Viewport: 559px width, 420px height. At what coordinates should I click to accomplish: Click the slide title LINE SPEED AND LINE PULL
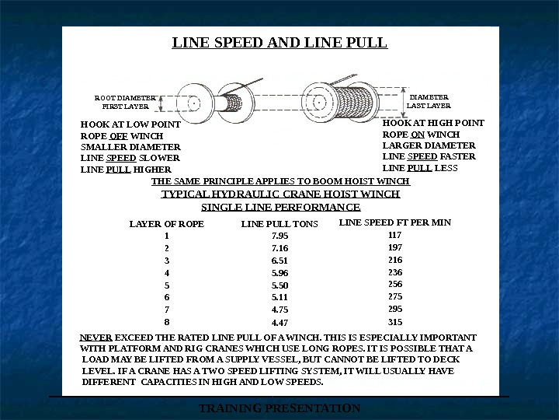coord(279,42)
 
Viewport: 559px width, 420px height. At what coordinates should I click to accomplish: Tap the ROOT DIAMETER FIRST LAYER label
coord(125,102)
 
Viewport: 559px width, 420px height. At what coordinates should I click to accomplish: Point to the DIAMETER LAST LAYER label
coord(429,101)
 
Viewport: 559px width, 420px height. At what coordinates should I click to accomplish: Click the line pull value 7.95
coord(279,235)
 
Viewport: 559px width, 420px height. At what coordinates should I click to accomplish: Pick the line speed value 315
coord(395,321)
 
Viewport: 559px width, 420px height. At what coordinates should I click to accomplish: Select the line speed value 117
coord(395,234)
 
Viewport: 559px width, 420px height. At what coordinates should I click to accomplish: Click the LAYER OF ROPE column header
coord(167,224)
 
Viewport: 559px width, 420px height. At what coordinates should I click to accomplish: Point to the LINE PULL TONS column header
coord(279,224)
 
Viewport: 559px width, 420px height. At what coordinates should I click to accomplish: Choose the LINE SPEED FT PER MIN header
coord(395,222)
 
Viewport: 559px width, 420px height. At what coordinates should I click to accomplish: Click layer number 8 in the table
coord(167,320)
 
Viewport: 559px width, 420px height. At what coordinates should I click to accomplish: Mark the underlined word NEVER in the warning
coord(96,338)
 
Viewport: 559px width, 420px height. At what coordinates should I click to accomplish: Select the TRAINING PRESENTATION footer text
coord(279,408)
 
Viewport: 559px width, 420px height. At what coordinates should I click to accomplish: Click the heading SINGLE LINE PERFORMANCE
coord(280,208)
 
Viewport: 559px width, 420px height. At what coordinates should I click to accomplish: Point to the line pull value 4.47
coord(279,322)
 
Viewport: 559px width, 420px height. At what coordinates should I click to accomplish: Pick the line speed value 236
coord(395,272)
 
